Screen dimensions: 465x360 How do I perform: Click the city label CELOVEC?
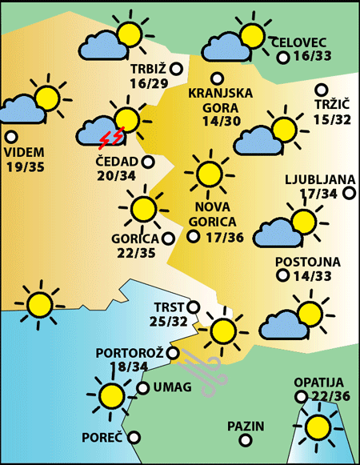pos(300,42)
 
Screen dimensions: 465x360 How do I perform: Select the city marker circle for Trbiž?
pos(176,69)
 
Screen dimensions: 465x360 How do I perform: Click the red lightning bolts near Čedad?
pos(111,139)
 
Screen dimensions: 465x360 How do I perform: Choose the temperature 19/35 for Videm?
pos(24,166)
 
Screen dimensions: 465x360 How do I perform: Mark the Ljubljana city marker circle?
pos(349,193)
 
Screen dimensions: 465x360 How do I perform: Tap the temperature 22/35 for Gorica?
pos(135,252)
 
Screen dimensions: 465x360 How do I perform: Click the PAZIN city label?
pos(245,427)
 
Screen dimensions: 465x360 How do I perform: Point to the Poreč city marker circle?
pos(134,437)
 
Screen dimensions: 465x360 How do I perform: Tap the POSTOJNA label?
pos(308,262)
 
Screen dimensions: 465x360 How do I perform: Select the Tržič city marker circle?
pos(322,90)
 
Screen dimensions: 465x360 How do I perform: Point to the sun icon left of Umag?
pos(110,395)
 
